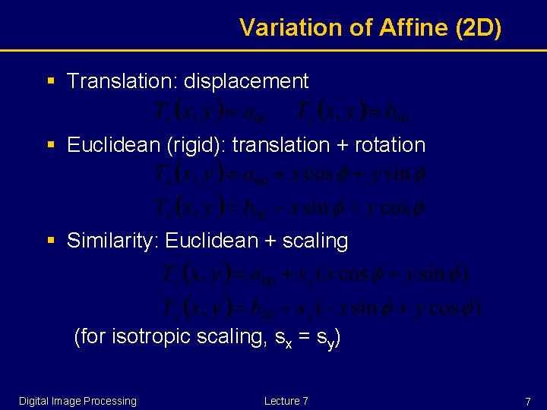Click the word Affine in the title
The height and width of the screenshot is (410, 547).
(409, 27)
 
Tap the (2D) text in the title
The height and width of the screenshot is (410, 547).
(478, 27)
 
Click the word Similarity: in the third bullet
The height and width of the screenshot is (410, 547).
(112, 241)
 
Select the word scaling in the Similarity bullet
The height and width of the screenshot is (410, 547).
(315, 241)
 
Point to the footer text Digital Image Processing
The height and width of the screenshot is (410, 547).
(77, 401)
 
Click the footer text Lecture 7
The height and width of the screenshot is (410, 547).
(286, 401)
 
